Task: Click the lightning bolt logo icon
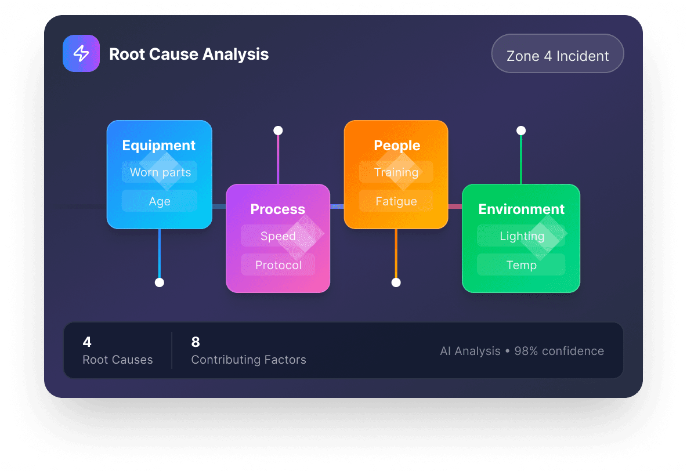[x=81, y=54]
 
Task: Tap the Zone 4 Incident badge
[x=558, y=56]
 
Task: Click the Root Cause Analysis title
[x=189, y=55]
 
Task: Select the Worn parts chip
[x=160, y=172]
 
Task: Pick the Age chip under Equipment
[x=160, y=201]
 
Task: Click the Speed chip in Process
[x=278, y=236]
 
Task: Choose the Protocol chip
[x=279, y=265]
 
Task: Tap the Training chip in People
[x=396, y=172]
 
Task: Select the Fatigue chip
[x=396, y=201]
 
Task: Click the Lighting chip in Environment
[x=522, y=236]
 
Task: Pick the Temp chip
[x=521, y=265]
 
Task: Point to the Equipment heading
[x=159, y=146]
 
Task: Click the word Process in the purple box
[x=278, y=209]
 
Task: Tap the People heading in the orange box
[x=397, y=146]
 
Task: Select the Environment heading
[x=521, y=209]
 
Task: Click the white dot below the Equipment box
[x=160, y=282]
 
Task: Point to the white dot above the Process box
[x=278, y=130]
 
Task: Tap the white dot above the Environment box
[x=521, y=131]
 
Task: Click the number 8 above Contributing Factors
[x=196, y=342]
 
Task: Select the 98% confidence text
[x=559, y=351]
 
